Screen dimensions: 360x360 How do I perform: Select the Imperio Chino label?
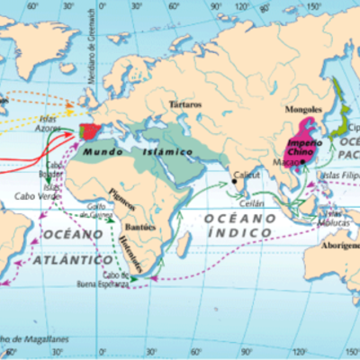tap(304, 148)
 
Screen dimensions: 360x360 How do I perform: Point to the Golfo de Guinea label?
tap(98, 211)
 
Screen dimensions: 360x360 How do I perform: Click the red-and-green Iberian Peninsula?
tap(93, 132)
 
